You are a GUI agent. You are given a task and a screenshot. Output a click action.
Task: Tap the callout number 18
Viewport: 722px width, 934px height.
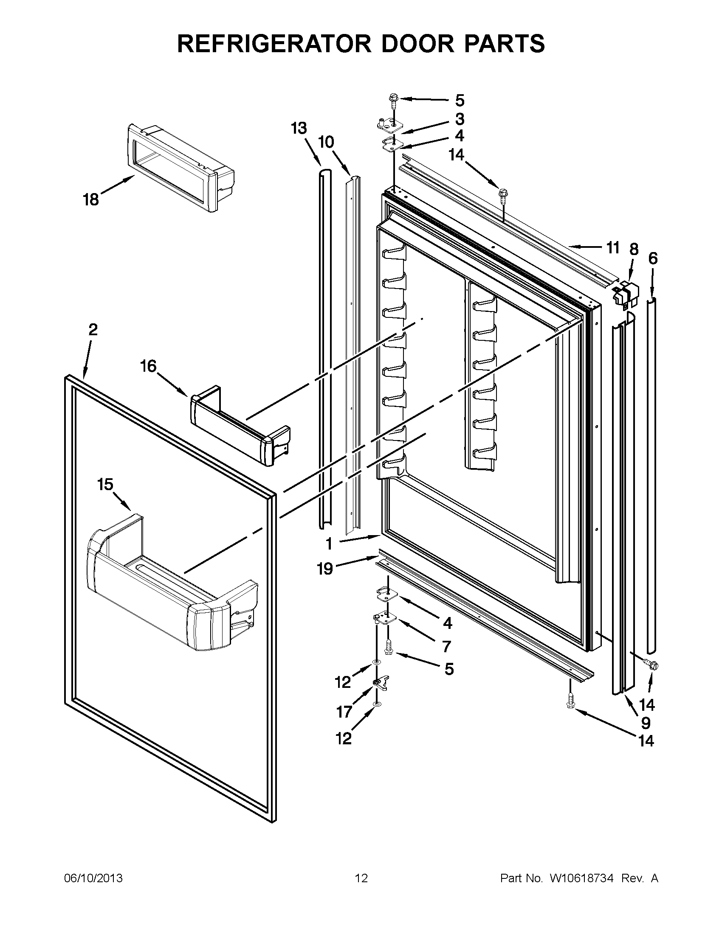91,199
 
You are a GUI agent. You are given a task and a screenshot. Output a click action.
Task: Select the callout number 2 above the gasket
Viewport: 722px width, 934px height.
93,329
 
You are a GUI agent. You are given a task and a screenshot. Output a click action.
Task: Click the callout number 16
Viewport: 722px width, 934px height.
149,366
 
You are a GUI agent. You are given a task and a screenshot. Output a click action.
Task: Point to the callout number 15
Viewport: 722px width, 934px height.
105,485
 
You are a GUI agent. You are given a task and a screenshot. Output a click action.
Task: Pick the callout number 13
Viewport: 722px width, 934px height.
299,128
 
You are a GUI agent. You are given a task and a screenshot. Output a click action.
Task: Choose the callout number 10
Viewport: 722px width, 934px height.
326,142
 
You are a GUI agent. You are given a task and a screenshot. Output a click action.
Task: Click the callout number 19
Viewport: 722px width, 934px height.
325,569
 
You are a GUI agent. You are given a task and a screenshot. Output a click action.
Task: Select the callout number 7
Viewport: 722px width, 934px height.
447,647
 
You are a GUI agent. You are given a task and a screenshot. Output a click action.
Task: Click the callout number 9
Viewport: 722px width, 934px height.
646,723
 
